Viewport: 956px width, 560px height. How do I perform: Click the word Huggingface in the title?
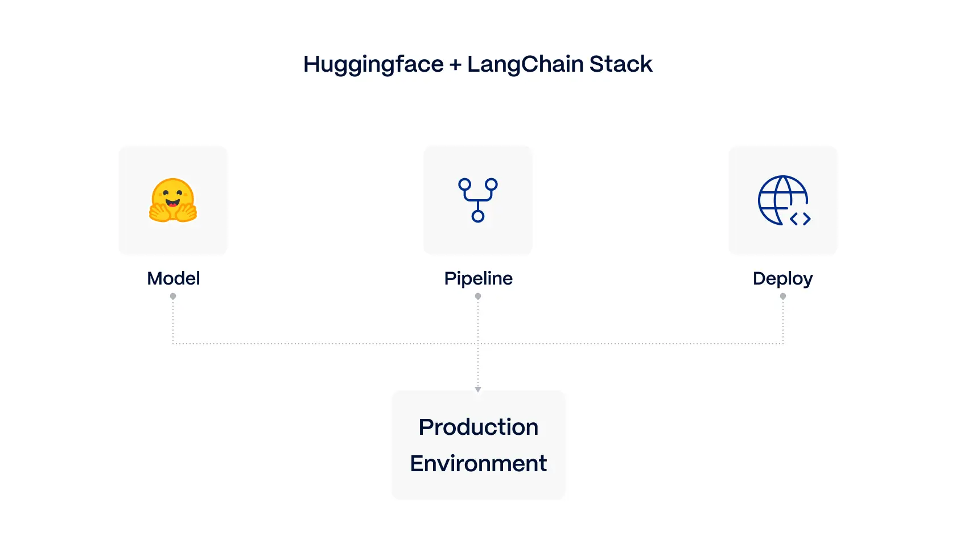[373, 64]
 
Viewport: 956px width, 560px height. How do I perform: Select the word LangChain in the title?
[525, 64]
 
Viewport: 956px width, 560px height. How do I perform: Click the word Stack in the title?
[620, 64]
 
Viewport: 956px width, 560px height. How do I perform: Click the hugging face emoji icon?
[173, 200]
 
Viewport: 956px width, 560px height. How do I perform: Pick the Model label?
[173, 278]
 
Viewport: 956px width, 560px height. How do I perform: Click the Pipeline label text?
[478, 278]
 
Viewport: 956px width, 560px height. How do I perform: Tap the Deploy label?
[782, 278]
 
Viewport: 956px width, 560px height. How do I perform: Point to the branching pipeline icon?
[478, 200]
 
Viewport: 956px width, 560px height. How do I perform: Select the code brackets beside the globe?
[800, 219]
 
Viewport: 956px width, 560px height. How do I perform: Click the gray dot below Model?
[173, 296]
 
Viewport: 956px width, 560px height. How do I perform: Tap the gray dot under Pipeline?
[478, 296]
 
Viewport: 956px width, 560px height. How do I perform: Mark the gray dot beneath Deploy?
[783, 296]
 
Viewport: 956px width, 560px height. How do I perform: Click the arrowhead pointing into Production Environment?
[478, 390]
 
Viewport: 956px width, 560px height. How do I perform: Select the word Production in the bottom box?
[478, 427]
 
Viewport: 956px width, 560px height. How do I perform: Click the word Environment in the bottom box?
[478, 464]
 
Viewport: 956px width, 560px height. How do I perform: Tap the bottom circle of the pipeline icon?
[478, 216]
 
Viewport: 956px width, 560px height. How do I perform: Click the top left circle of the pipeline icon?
[465, 184]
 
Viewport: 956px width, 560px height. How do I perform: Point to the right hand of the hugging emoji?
[186, 212]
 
